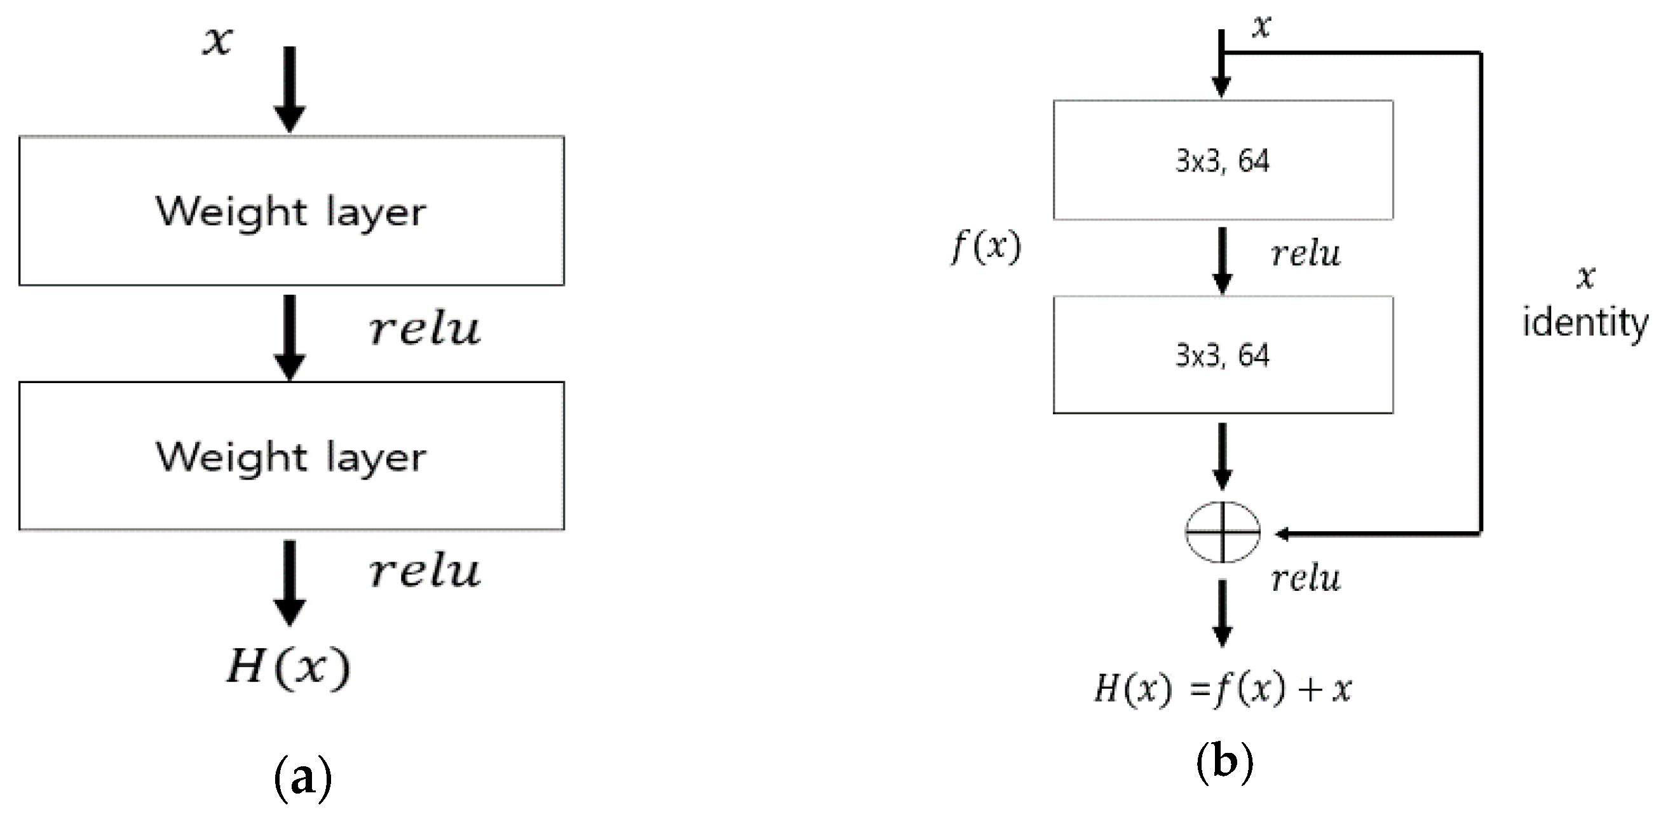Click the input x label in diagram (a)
[218, 41]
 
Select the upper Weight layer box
[292, 210]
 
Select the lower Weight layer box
[292, 456]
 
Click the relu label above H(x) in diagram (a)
[425, 572]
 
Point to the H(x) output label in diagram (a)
[288, 667]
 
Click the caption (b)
[1224, 762]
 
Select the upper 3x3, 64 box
[1223, 160]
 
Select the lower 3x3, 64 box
[1223, 355]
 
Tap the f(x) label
[986, 247]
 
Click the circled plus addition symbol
[1223, 532]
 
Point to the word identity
[1585, 323]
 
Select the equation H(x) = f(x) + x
[1223, 688]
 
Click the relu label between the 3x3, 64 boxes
[1306, 254]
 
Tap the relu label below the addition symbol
[1306, 579]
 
